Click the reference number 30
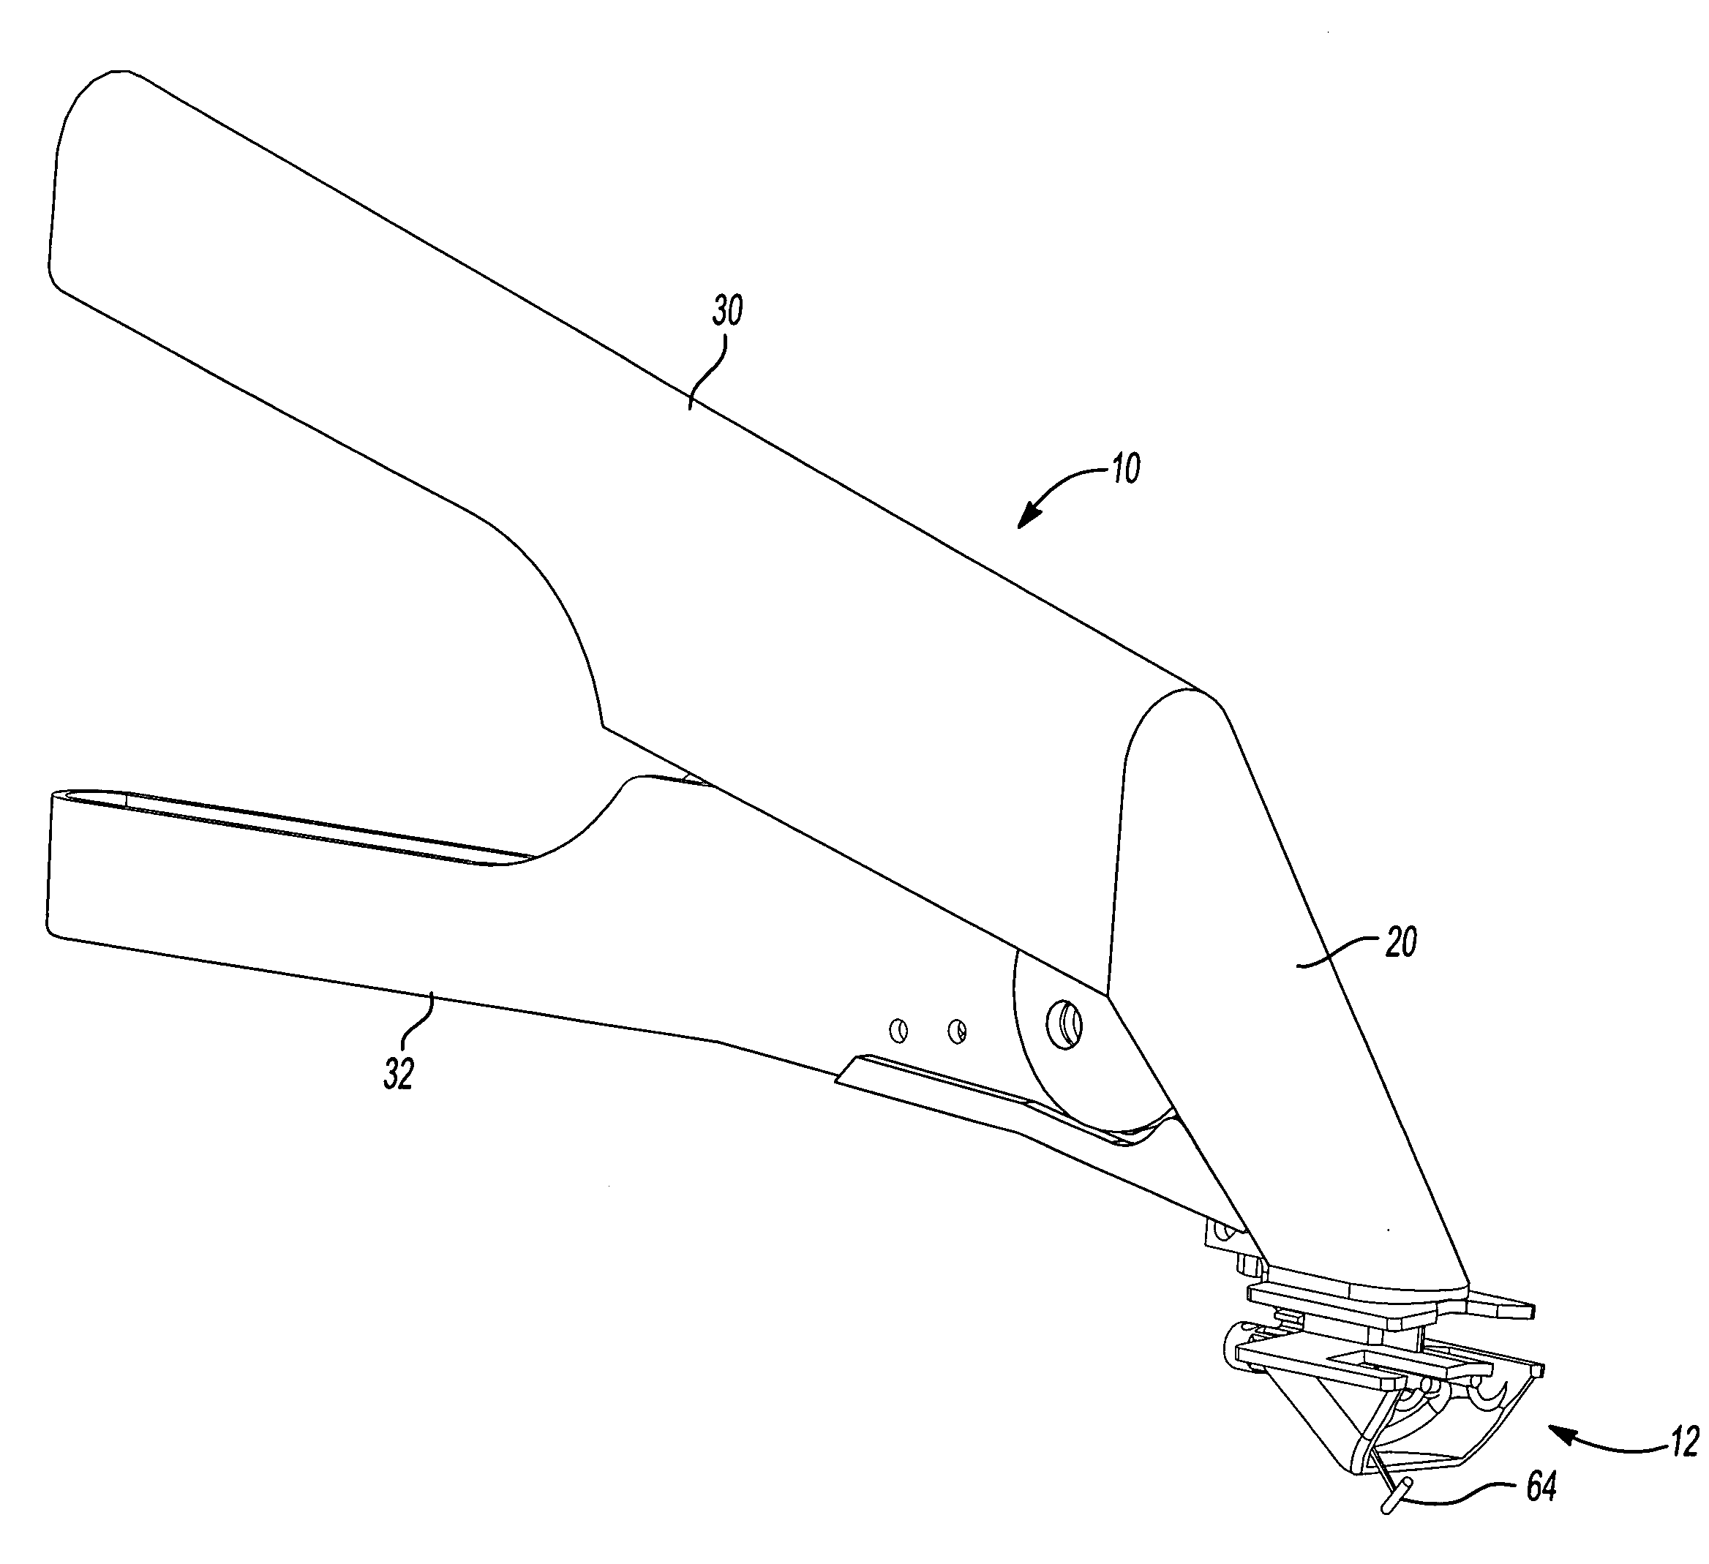(x=727, y=312)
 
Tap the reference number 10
(x=1126, y=468)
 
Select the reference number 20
(x=1400, y=943)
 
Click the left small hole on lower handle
(x=898, y=1031)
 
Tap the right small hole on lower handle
(x=957, y=1031)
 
